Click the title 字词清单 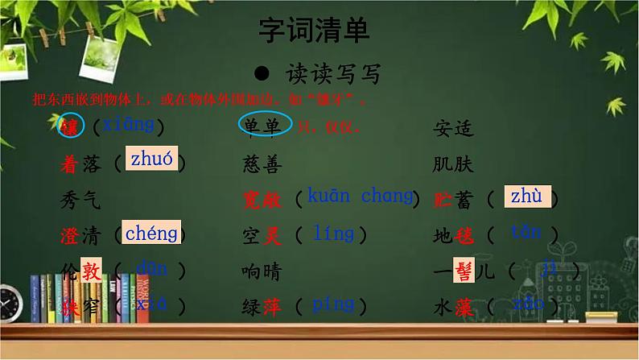coord(314,31)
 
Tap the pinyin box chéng coord(151,234)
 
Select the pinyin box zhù coord(526,196)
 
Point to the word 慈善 coord(262,165)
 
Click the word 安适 coord(454,128)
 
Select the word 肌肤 coord(454,165)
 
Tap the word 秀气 coord(80,198)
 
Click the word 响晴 coord(262,271)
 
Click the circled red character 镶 coord(69,127)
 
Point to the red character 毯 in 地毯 coord(464,236)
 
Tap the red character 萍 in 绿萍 coord(272,307)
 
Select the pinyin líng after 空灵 coord(333,234)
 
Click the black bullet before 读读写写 coord(261,73)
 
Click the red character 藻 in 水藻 coord(464,307)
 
